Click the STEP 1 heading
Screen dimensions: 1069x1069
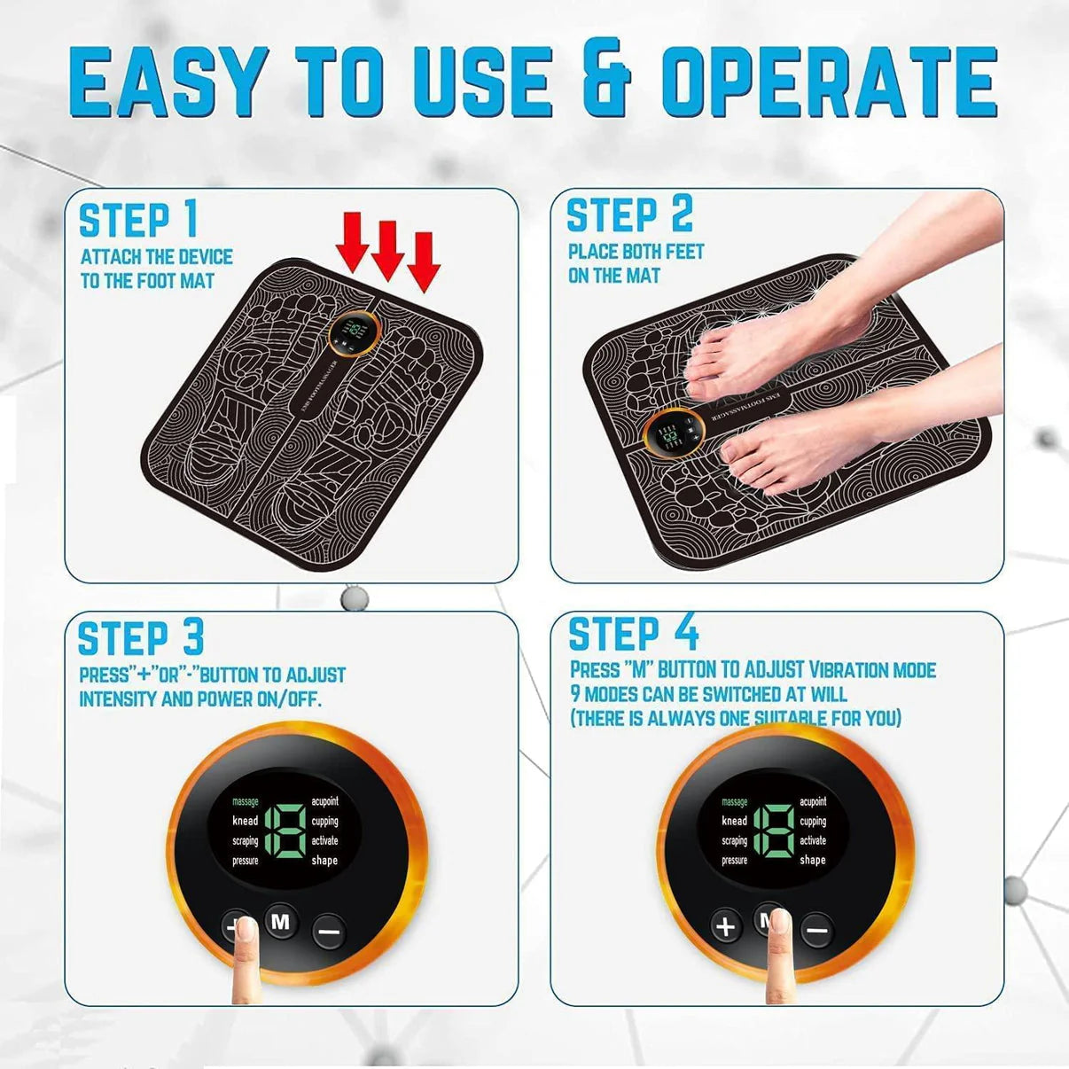(x=138, y=221)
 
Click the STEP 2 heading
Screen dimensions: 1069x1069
(x=629, y=215)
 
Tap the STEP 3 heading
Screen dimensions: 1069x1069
(x=141, y=638)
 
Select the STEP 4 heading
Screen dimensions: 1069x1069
(x=633, y=634)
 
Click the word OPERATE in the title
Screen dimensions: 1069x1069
(x=829, y=82)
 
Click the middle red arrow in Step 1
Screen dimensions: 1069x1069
(x=387, y=247)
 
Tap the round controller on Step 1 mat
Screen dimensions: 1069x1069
(x=355, y=333)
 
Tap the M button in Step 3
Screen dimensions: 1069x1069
(x=281, y=922)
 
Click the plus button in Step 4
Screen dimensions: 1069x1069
(x=726, y=927)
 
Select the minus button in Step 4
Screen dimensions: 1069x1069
(x=816, y=931)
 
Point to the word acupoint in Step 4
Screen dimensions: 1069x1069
(x=813, y=801)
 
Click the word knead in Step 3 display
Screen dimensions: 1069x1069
(x=245, y=821)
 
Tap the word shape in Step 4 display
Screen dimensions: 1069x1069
(x=812, y=860)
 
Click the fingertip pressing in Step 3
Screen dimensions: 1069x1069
(x=245, y=932)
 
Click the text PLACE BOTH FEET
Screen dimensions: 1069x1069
(x=636, y=252)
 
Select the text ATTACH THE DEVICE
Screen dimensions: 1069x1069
(x=157, y=257)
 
